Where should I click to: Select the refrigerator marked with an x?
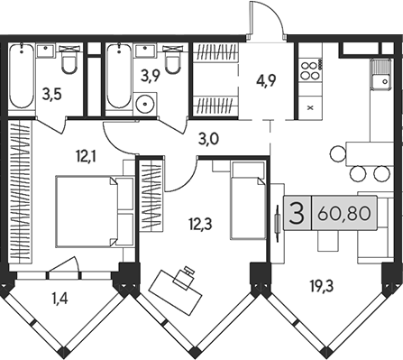[x=310, y=106]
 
